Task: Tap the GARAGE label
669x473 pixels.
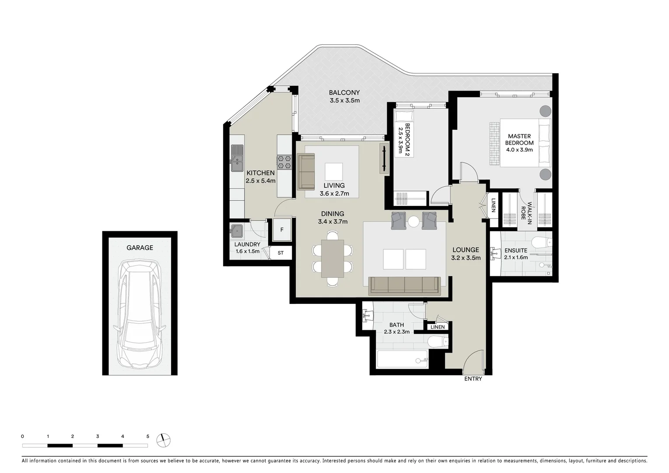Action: tap(140, 247)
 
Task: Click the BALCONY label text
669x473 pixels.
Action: tap(344, 92)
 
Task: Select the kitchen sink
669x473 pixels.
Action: tap(237, 158)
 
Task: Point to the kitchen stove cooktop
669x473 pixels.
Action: tap(284, 162)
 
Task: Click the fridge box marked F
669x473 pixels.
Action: tap(282, 230)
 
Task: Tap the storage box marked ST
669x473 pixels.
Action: tap(280, 253)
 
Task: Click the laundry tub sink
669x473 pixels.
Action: tap(237, 230)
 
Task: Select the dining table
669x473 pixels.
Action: tap(333, 258)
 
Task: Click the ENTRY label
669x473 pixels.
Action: tap(473, 379)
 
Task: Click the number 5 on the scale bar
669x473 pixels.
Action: tap(148, 436)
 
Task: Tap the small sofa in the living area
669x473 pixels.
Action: tap(306, 171)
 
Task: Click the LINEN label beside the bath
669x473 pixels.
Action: tap(438, 327)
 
